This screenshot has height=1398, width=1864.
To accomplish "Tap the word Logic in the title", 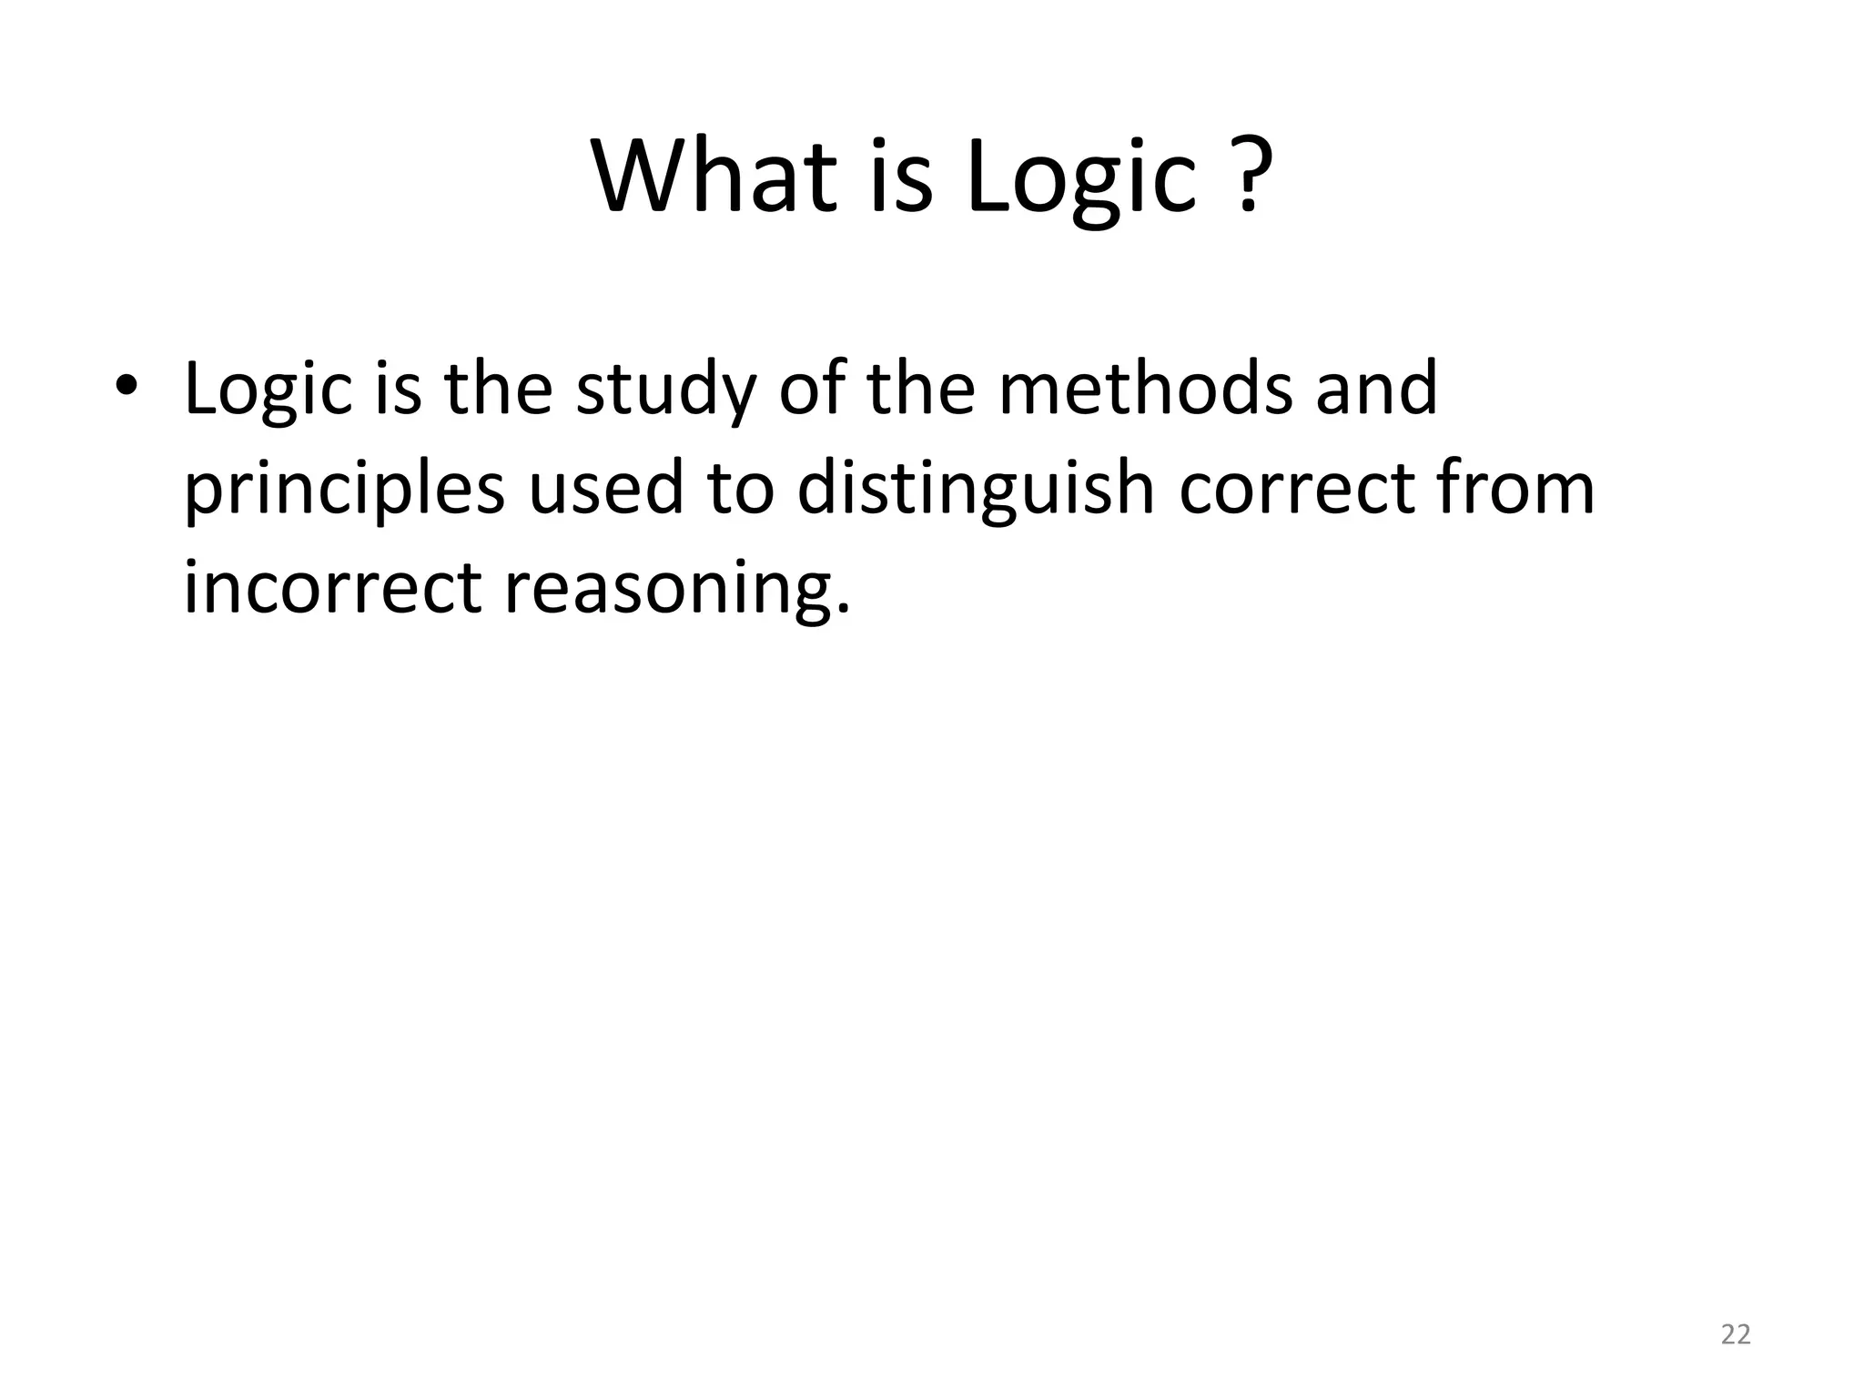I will pos(1080,177).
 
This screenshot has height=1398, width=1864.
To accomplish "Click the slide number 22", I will pos(1736,1334).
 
